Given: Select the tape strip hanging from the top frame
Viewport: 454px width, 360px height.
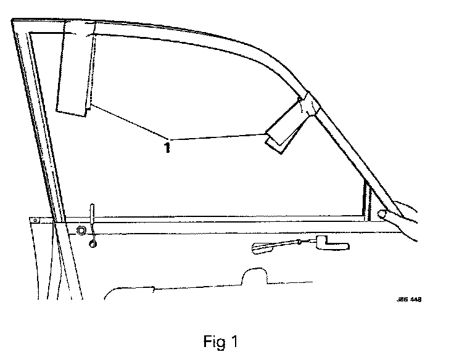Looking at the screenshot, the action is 74,68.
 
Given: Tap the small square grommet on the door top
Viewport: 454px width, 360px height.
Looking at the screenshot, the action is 80,231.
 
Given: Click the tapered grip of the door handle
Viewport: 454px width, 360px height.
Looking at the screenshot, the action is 263,248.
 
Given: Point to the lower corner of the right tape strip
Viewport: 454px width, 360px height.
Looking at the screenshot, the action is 274,150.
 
